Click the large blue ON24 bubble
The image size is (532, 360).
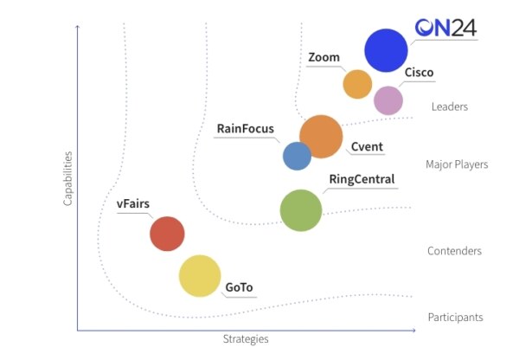point(386,50)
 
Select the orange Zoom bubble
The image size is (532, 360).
point(357,84)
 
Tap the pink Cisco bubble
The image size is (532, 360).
point(388,100)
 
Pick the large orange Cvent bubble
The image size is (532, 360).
point(321,137)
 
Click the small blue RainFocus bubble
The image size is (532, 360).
point(298,156)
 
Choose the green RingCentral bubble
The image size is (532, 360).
point(301,210)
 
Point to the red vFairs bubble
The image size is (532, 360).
point(167,234)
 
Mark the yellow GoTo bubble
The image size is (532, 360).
point(200,276)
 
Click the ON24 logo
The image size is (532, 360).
point(446,28)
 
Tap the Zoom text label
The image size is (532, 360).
point(324,57)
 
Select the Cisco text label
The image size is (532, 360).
point(419,73)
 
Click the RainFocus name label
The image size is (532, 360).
point(246,129)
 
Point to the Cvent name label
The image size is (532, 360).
point(367,146)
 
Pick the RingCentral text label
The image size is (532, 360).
point(362,179)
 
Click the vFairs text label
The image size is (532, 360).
point(133,203)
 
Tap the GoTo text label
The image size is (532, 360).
point(240,287)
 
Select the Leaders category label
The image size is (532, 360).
point(450,107)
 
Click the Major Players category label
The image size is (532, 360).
point(457,164)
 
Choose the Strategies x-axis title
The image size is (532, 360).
point(246,338)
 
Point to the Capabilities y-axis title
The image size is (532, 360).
point(67,178)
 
